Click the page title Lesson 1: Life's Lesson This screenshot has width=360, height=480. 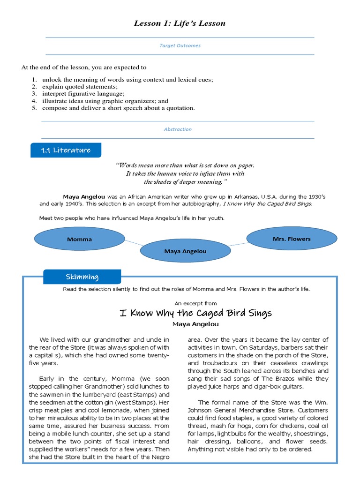[180, 23]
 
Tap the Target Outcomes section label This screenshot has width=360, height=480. [180, 46]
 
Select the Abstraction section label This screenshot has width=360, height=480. [178, 129]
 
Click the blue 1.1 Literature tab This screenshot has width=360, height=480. [65, 150]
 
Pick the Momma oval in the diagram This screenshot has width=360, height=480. [79, 239]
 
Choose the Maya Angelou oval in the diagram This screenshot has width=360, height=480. [185, 251]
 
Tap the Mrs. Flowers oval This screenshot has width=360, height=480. [291, 239]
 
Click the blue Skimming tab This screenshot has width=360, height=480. [82, 277]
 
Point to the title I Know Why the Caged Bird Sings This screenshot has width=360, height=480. [195, 313]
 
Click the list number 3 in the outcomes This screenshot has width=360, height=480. [34, 94]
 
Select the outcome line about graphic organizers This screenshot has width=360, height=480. [105, 101]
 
